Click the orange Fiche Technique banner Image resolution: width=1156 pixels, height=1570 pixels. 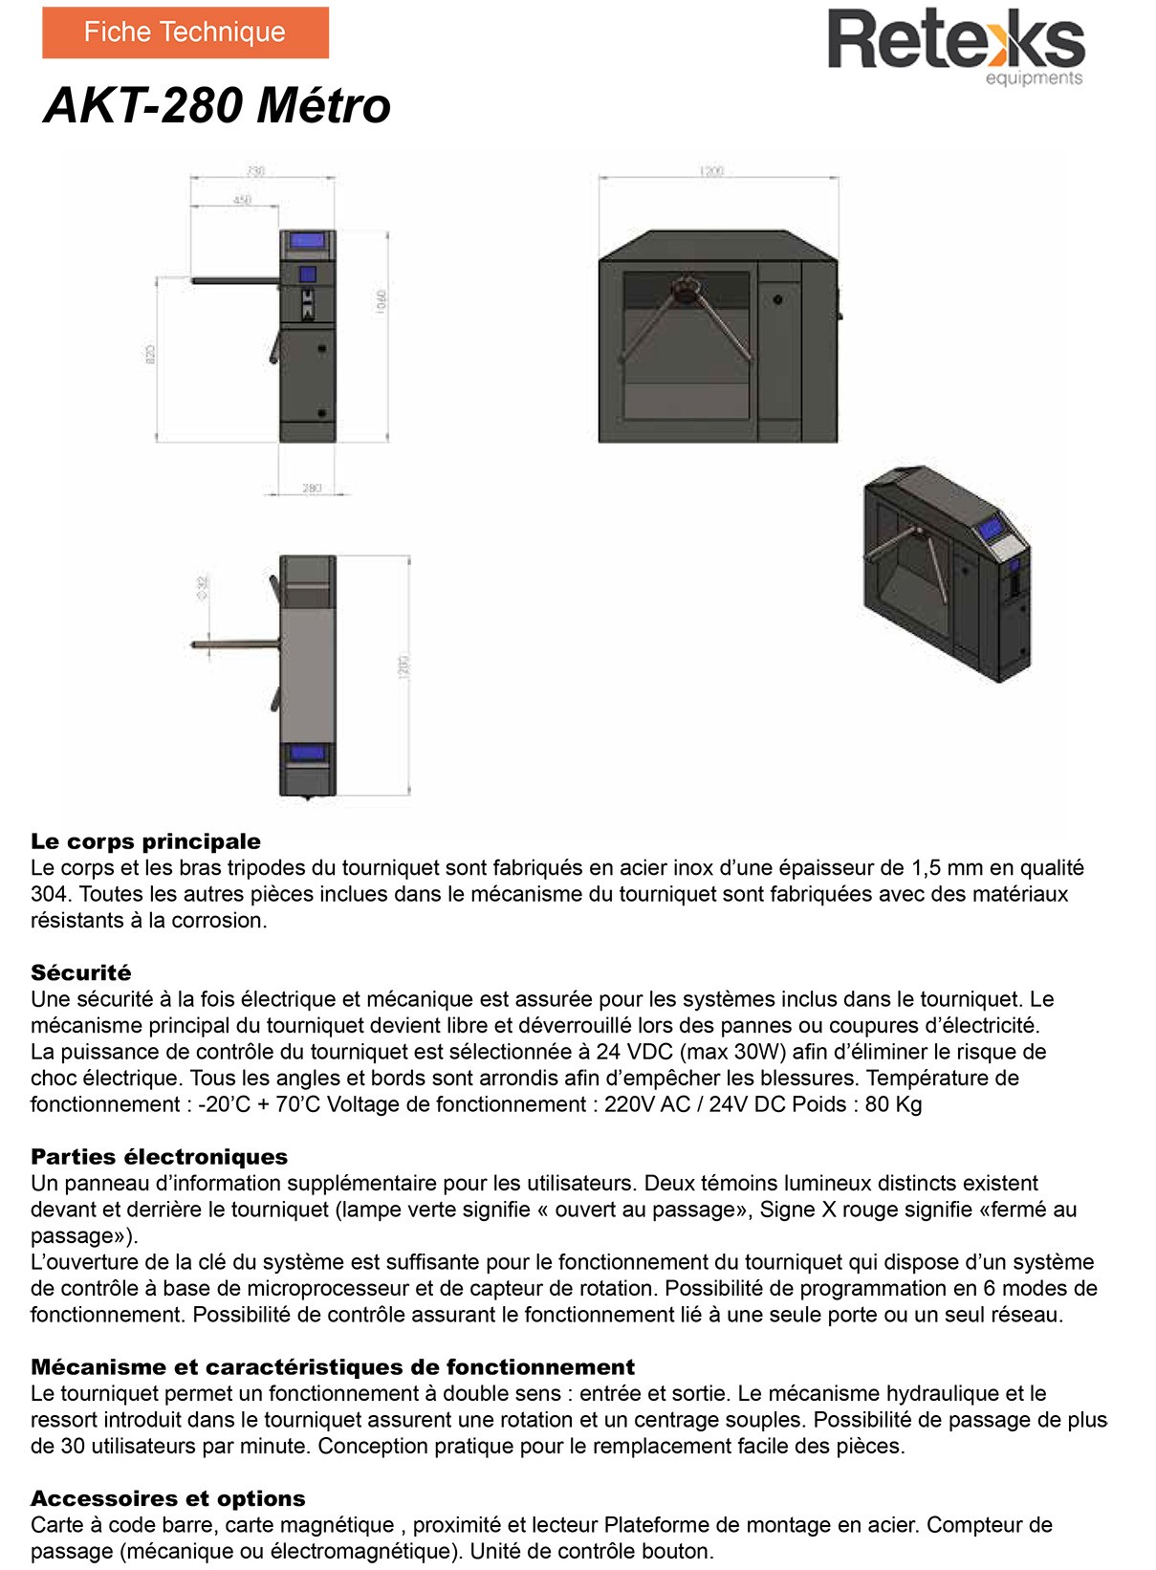(x=185, y=33)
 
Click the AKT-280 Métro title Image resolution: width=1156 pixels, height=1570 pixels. (x=217, y=105)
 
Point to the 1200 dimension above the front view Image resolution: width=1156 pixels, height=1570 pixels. (x=711, y=171)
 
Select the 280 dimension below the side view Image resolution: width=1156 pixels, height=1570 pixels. (x=312, y=489)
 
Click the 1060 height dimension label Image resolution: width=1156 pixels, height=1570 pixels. (x=382, y=301)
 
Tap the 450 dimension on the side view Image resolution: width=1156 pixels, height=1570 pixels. (x=242, y=200)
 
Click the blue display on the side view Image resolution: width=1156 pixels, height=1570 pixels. (x=307, y=240)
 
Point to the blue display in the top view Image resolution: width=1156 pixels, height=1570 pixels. (x=307, y=752)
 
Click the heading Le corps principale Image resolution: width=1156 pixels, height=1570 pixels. (x=145, y=841)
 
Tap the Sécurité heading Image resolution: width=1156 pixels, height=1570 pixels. (x=81, y=972)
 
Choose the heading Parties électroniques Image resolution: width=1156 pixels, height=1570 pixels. (x=159, y=1157)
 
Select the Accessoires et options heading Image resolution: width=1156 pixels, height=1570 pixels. (x=168, y=1498)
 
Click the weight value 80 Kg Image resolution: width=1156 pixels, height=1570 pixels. (x=893, y=1104)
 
